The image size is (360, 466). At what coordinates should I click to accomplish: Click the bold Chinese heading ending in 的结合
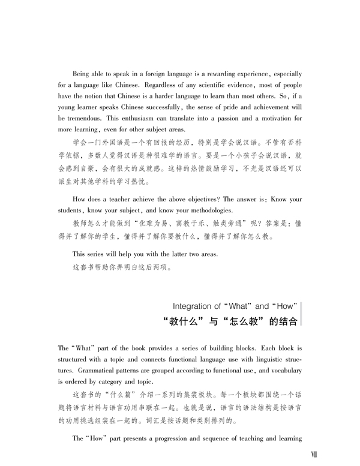(231, 321)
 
